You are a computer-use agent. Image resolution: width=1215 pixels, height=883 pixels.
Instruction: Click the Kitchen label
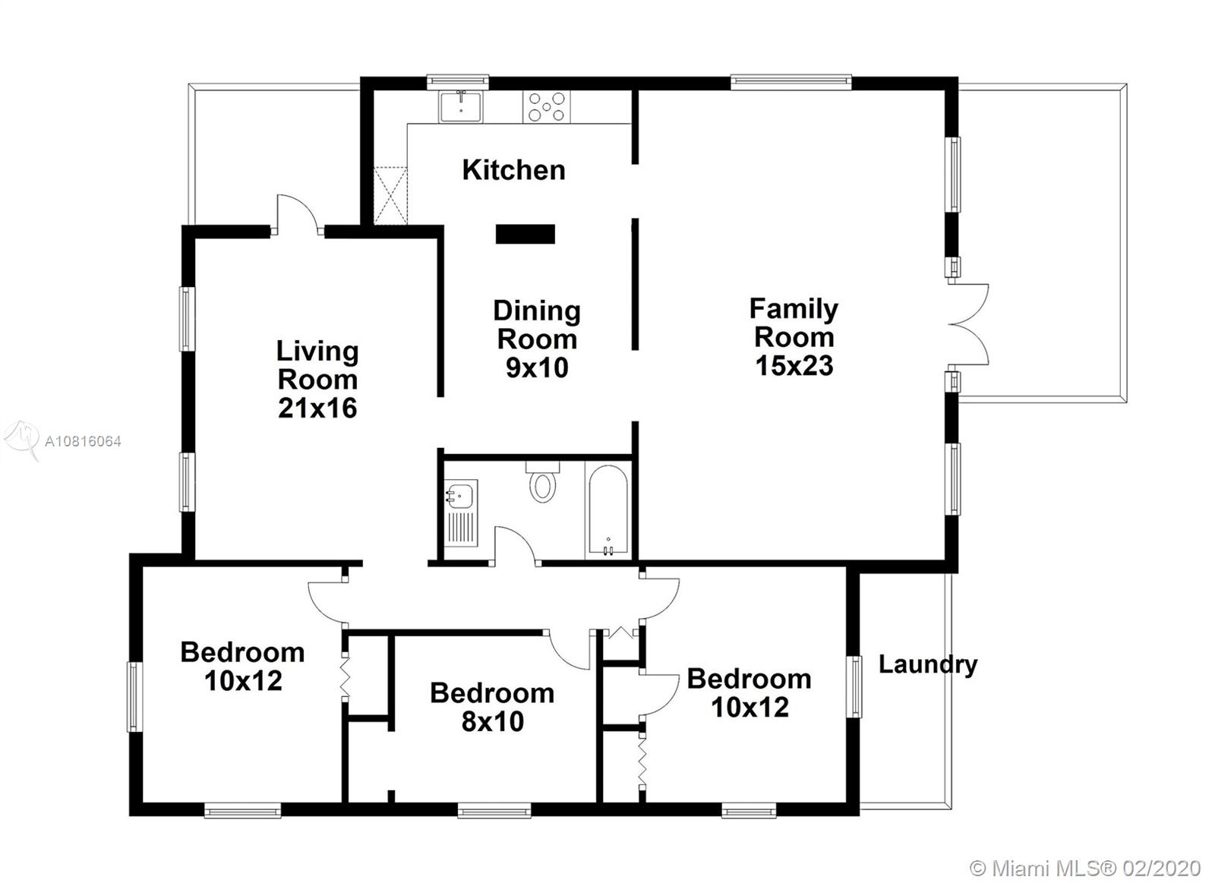(x=513, y=170)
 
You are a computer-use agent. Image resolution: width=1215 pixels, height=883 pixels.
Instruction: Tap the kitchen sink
(x=460, y=107)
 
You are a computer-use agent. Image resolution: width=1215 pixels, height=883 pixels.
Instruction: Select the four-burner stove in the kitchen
(x=546, y=107)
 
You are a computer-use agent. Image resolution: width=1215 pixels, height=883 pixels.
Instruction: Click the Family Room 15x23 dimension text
(x=794, y=366)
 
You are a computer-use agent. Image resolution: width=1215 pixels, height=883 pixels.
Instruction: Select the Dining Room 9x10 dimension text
(x=537, y=368)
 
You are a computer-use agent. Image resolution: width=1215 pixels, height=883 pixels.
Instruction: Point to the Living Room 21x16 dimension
(x=317, y=408)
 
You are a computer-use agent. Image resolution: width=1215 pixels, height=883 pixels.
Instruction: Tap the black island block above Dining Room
(x=525, y=234)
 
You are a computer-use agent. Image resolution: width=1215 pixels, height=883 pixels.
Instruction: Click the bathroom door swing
(x=516, y=546)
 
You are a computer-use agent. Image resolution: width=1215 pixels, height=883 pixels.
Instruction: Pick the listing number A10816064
(x=83, y=442)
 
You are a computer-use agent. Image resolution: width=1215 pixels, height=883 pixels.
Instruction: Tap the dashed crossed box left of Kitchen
(x=390, y=196)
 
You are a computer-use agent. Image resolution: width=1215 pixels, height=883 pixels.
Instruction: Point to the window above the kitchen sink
(x=458, y=82)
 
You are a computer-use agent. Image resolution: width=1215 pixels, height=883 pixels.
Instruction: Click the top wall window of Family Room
(x=791, y=82)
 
